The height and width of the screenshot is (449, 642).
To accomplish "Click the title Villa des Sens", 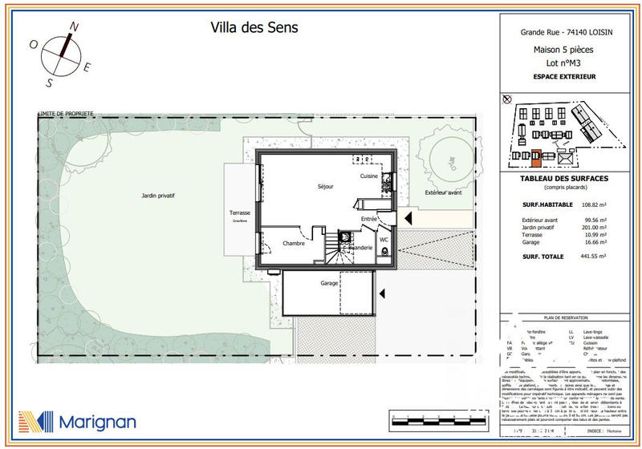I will pyautogui.click(x=254, y=27).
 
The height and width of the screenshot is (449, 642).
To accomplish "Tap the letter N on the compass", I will pyautogui.click(x=73, y=26).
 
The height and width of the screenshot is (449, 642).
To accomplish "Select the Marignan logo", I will pyautogui.click(x=77, y=422).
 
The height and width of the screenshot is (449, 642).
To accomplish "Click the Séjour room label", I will pyautogui.click(x=325, y=186).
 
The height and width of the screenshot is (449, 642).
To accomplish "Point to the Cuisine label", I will pyautogui.click(x=368, y=176).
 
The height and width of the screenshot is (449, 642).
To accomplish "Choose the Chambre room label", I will pyautogui.click(x=294, y=244).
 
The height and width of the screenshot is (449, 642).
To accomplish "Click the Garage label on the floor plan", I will pyautogui.click(x=329, y=283).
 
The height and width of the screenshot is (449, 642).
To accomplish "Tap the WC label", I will pyautogui.click(x=384, y=239).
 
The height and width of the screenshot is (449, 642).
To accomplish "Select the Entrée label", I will pyautogui.click(x=368, y=219).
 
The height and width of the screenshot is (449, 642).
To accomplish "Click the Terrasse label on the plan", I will pyautogui.click(x=240, y=213).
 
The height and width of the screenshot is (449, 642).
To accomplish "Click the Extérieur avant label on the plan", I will pyautogui.click(x=443, y=193).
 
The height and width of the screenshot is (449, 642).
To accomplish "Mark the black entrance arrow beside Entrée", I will pyautogui.click(x=406, y=217).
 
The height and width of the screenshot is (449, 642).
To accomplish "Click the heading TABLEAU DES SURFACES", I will pyautogui.click(x=564, y=178).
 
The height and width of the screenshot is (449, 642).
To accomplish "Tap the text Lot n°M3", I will pyautogui.click(x=564, y=62).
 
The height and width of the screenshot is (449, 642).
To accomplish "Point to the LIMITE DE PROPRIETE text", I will pyautogui.click(x=66, y=114).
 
